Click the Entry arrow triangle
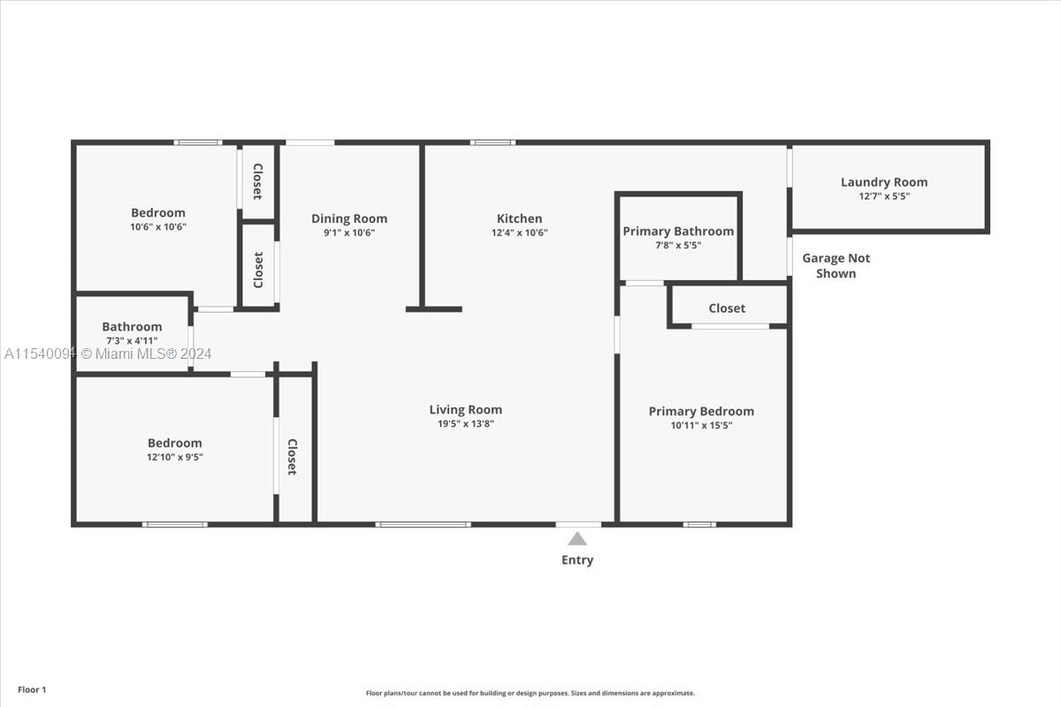pos(576,539)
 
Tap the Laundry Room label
pos(884,182)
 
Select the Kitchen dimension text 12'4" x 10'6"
pos(519,232)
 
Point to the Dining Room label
pos(349,219)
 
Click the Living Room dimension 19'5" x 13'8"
pos(466,424)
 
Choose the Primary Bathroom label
pos(678,232)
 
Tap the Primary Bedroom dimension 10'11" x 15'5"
pos(701,425)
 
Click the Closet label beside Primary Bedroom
pos(727,308)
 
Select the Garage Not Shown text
pos(836,266)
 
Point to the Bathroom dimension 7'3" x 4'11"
pos(132,340)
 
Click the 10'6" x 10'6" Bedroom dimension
pos(158,227)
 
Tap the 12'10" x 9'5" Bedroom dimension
pos(175,457)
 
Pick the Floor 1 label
pos(32,689)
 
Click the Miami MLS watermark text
pos(108,353)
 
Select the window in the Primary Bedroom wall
pos(699,524)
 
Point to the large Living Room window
pos(423,524)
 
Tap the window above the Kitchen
pos(492,142)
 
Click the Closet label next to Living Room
pos(293,457)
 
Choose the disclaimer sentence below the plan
pos(530,693)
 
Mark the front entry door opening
pos(578,524)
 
